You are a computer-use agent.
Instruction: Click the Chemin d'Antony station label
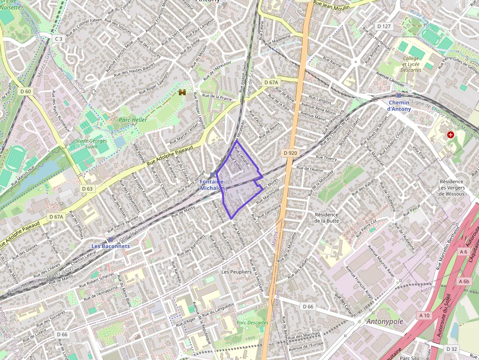399,106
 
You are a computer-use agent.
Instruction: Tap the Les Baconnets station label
112,246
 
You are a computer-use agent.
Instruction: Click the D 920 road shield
290,153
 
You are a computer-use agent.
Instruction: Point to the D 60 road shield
25,91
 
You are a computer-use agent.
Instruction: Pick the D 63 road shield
87,189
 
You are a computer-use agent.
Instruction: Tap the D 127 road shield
384,26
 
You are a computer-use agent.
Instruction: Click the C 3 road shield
58,38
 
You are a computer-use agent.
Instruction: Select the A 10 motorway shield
424,316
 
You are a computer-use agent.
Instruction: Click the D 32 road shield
452,349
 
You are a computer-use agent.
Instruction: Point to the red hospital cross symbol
450,134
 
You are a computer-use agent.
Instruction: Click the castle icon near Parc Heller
183,92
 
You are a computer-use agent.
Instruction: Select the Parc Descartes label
252,322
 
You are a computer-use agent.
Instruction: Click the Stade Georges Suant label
91,144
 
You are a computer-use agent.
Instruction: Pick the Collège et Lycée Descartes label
412,64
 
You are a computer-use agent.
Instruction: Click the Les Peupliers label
236,272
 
